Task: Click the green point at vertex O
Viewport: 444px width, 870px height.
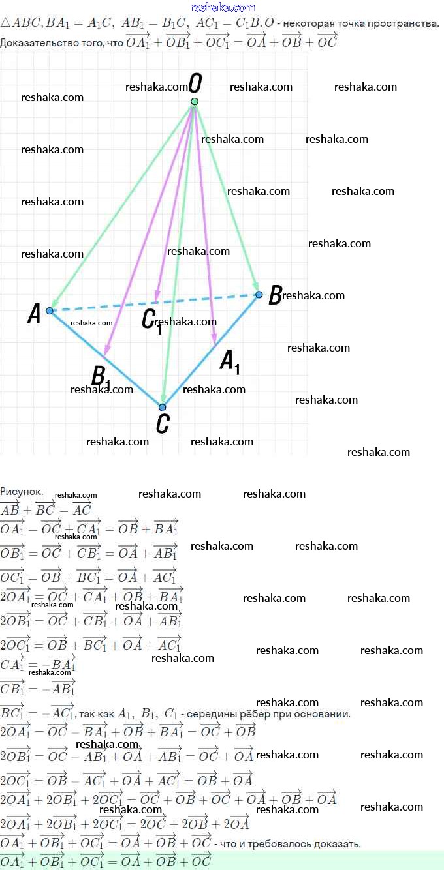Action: (x=194, y=101)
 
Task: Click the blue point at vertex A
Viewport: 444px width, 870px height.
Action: (x=50, y=311)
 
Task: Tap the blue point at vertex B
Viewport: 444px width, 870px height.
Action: (x=259, y=295)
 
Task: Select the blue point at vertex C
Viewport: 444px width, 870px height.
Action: (x=163, y=407)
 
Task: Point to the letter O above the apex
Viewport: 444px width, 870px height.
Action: (x=195, y=83)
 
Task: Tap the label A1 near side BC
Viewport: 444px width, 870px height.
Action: (x=229, y=361)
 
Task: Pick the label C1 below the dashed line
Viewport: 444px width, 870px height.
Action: (x=151, y=320)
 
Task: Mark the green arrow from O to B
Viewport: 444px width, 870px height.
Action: (x=226, y=196)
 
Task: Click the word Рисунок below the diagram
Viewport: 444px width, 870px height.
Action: (x=22, y=491)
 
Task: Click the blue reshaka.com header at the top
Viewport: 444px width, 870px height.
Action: (x=222, y=7)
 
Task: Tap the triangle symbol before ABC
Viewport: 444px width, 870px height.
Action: (x=5, y=23)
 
